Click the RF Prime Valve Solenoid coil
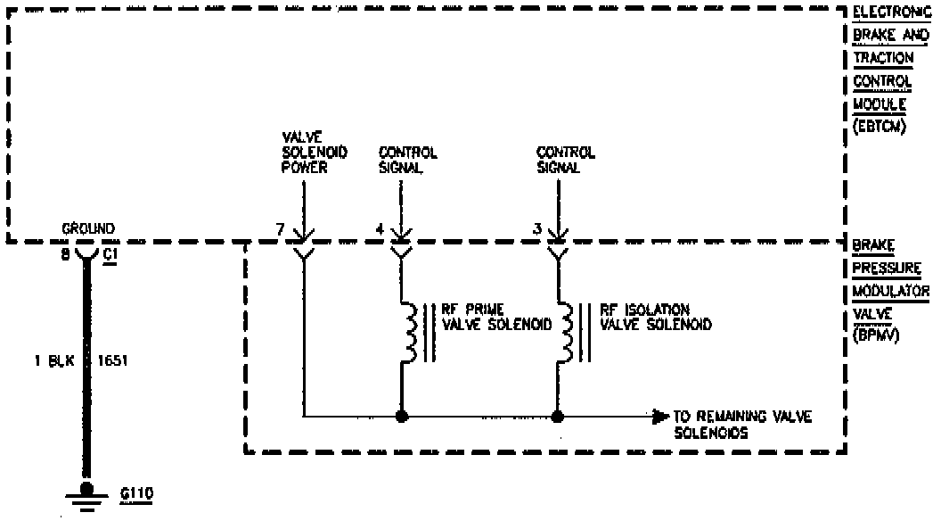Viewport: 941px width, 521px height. (409, 332)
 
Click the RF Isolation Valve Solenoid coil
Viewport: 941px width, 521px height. (566, 332)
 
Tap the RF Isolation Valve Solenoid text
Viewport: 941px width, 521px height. (655, 318)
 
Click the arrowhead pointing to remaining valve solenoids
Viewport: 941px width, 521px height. (660, 416)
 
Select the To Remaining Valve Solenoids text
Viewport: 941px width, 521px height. (742, 425)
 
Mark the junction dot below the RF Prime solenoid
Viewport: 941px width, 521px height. (401, 416)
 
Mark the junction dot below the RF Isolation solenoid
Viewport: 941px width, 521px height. (558, 416)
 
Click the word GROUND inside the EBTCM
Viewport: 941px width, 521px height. (87, 229)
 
